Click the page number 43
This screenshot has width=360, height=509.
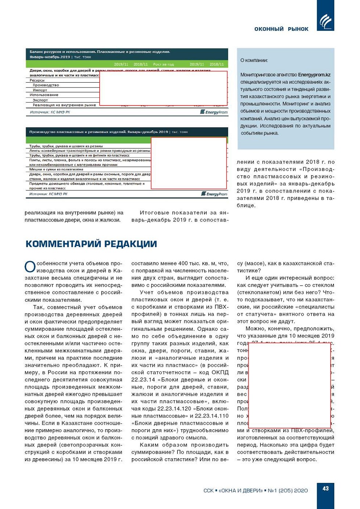click(325, 488)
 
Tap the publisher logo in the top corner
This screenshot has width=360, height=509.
click(325, 21)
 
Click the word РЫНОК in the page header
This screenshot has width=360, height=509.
click(298, 29)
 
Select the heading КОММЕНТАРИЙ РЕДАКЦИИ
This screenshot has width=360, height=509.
click(91, 244)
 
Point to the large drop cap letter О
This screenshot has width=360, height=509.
click(30, 267)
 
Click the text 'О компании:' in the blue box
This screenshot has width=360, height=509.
click(254, 60)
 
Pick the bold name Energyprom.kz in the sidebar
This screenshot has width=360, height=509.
click(314, 75)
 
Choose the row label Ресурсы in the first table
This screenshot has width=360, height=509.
click(37, 80)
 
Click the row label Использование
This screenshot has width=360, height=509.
click(44, 95)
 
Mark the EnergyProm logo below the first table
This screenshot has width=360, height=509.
click(214, 112)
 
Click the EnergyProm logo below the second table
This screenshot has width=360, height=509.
click(214, 194)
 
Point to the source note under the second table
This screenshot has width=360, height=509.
click(48, 194)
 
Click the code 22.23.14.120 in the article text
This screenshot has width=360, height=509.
click(172, 409)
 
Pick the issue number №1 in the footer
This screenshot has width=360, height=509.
click(272, 491)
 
